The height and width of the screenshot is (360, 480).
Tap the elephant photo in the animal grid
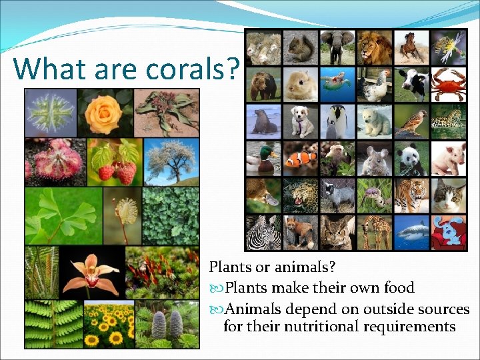pos(337,47)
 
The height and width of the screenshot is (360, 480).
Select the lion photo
pos(374,47)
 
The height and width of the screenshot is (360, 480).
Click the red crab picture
pos(448,84)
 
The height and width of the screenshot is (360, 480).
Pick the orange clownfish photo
pos(300,159)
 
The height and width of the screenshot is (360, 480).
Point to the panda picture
pos(411,159)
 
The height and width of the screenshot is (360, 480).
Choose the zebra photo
pos(263,233)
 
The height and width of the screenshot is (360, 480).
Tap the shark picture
pos(411,233)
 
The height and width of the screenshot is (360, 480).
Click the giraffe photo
pos(374,233)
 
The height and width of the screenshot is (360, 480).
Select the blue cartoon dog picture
pos(448,233)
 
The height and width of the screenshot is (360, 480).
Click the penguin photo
pos(337,121)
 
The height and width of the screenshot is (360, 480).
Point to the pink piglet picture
pos(448,159)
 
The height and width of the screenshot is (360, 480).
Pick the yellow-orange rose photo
pos(105,112)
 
